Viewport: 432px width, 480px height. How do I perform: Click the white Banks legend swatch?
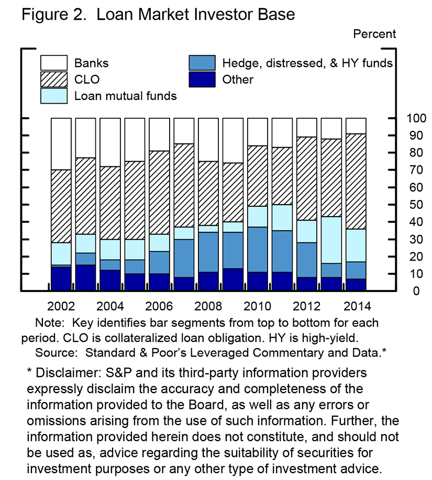point(54,63)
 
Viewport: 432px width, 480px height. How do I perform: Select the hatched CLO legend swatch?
point(54,80)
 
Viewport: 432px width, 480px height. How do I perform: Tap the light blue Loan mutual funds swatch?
point(54,96)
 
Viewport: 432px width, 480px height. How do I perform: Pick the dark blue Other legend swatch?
point(202,80)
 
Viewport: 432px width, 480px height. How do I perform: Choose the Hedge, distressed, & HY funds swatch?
point(202,63)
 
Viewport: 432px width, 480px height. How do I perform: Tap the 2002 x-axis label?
point(61,306)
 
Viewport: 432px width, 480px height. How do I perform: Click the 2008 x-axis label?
point(208,306)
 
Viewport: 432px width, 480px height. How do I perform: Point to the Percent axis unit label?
point(375,34)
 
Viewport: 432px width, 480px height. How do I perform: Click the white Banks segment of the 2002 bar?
point(61,143)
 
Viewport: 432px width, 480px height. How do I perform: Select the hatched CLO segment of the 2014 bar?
point(356,181)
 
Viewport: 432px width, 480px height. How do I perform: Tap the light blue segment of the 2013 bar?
point(331,240)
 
